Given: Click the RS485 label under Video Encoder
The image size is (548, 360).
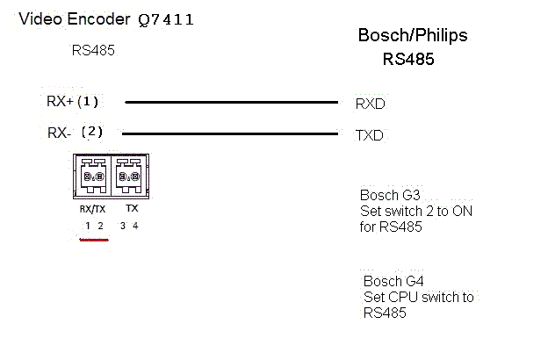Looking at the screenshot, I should pyautogui.click(x=93, y=50).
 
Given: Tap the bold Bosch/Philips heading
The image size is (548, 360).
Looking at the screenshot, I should pyautogui.click(x=413, y=36).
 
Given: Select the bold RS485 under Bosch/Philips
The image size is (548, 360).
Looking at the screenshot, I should pyautogui.click(x=408, y=61).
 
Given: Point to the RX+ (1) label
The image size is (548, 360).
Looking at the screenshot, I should pyautogui.click(x=73, y=101).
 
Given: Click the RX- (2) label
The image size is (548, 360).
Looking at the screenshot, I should pyautogui.click(x=74, y=133).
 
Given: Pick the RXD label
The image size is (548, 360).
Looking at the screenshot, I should pyautogui.click(x=370, y=104).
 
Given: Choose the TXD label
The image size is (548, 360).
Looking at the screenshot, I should pyautogui.click(x=369, y=136).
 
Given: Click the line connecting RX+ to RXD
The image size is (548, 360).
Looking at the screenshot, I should pyautogui.click(x=232, y=102).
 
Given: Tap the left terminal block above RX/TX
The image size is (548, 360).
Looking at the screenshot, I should pyautogui.click(x=91, y=176).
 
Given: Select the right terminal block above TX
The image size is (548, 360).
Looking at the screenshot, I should pyautogui.click(x=129, y=176).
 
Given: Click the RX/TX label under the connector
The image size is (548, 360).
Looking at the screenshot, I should pyautogui.click(x=92, y=209).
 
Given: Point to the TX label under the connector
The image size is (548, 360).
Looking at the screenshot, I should pyautogui.click(x=132, y=209).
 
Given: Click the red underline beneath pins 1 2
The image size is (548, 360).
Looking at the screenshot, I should pyautogui.click(x=93, y=238).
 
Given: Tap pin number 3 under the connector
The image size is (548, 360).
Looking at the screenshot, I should pyautogui.click(x=123, y=226).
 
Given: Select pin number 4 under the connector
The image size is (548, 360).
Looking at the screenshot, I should pyautogui.click(x=135, y=226).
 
